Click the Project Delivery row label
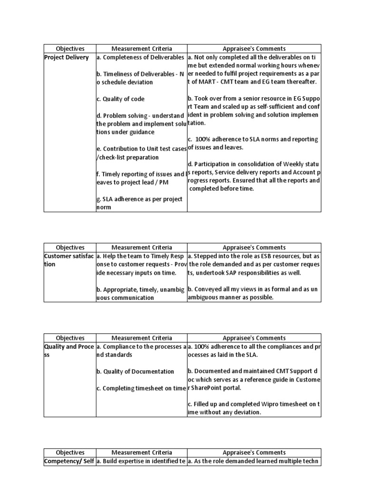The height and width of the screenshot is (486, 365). (66, 57)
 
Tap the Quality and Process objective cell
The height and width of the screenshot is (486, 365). (69, 351)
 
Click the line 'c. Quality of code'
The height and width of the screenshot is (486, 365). (120, 99)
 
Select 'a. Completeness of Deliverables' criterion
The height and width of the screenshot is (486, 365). (140, 57)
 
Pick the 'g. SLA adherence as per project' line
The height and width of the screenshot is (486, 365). (139, 199)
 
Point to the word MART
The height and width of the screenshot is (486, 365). (209, 82)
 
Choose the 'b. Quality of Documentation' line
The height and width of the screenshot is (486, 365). (135, 371)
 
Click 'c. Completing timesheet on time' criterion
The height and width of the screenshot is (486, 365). (140, 388)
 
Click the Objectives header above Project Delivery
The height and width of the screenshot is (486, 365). (70, 48)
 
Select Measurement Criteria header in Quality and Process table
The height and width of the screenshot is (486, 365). (141, 338)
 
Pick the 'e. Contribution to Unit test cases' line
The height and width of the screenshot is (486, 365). (141, 149)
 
